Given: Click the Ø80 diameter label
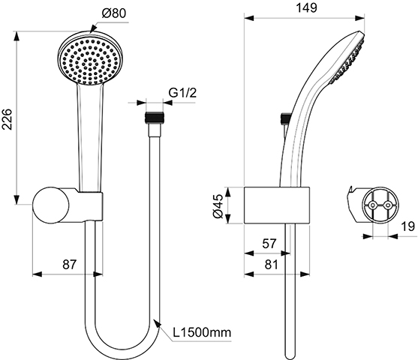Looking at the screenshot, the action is click(114, 13).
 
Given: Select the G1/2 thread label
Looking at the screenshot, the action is click(182, 92).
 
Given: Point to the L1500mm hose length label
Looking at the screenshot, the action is click(202, 332).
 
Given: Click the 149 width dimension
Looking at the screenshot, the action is click(307, 8).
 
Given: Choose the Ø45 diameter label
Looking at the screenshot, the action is click(218, 206).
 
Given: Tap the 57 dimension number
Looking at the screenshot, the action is click(269, 244).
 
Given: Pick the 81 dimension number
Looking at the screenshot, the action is click(272, 264).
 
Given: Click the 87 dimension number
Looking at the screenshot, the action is click(69, 264).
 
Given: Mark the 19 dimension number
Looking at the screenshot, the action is click(408, 226).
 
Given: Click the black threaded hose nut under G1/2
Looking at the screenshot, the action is click(155, 118).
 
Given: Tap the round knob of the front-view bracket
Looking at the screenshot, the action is click(50, 205).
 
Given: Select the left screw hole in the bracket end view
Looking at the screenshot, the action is click(373, 205).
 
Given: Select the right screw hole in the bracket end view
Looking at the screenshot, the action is click(388, 205).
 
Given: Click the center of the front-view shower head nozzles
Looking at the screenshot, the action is click(90, 61).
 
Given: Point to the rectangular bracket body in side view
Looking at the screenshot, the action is click(277, 205).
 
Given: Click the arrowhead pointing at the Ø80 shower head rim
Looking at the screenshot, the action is click(93, 28).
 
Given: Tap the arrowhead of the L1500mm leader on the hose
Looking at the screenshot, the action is click(157, 324).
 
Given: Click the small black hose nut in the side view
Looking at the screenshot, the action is click(285, 118).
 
